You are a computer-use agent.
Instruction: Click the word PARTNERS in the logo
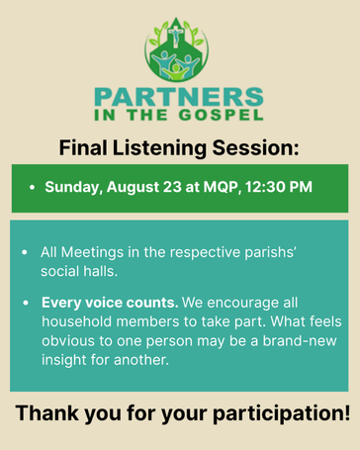179,97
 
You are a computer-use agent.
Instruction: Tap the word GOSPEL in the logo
221,115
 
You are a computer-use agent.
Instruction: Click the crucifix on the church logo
176,36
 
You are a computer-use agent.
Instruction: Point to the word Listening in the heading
159,148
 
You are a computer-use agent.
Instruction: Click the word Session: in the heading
255,147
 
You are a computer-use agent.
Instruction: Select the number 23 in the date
172,187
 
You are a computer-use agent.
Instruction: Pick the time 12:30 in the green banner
265,187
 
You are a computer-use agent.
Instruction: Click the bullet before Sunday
32,187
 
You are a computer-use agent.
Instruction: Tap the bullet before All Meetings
25,252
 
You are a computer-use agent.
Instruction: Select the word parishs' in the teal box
270,253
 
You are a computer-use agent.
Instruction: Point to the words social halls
79,271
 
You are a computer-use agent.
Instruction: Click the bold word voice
104,303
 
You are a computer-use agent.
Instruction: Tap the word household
76,321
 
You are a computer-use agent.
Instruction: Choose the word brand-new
300,340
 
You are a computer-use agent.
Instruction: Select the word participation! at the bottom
281,413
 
